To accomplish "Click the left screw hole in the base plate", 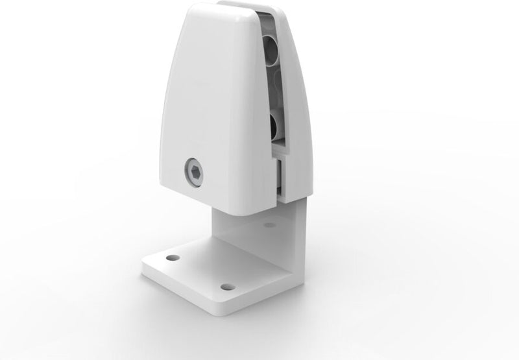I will [x=172, y=258].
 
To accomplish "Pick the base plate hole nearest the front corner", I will [x=226, y=286].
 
